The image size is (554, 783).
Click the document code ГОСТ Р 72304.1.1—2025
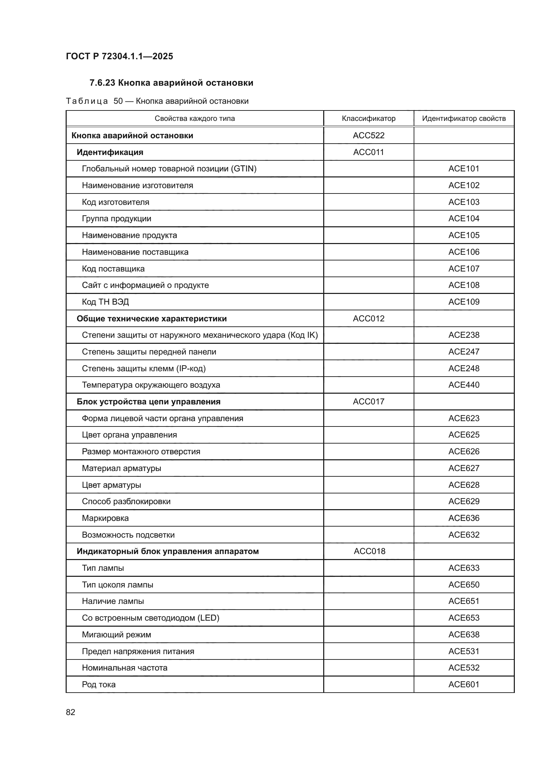click(119, 56)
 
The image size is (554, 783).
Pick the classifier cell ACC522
click(368, 135)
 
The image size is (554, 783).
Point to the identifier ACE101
click(464, 168)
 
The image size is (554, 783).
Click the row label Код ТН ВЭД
click(106, 302)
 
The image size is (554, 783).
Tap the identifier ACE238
click(464, 335)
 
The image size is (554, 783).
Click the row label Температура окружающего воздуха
click(151, 385)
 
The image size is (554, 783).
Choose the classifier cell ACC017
click(368, 401)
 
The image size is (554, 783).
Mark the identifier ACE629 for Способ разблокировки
click(464, 501)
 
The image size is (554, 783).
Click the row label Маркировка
click(106, 518)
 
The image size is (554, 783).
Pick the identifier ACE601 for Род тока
click(464, 685)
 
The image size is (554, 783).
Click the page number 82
click(71, 712)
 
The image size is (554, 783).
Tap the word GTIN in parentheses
click(244, 168)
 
